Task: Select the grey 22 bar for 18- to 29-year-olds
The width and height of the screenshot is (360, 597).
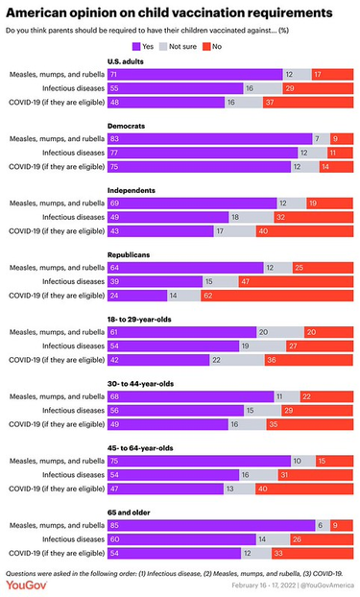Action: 233,360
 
